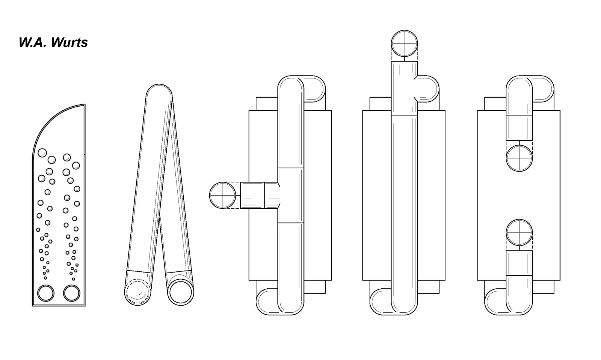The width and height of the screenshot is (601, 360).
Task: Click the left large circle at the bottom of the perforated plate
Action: pyautogui.click(x=46, y=293)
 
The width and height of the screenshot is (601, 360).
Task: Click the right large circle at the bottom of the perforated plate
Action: pyautogui.click(x=71, y=293)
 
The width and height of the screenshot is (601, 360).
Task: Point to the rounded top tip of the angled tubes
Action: pyautogui.click(x=159, y=92)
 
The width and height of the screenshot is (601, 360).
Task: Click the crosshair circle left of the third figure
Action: pyautogui.click(x=222, y=195)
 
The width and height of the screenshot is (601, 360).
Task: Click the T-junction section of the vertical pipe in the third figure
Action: pyautogui.click(x=290, y=195)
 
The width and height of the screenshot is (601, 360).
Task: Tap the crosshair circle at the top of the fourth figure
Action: pyautogui.click(x=405, y=43)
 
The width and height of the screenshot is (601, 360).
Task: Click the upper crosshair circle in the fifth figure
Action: pyautogui.click(x=519, y=158)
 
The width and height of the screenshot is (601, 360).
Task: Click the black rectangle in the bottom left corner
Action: pyautogui.click(x=45, y=334)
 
